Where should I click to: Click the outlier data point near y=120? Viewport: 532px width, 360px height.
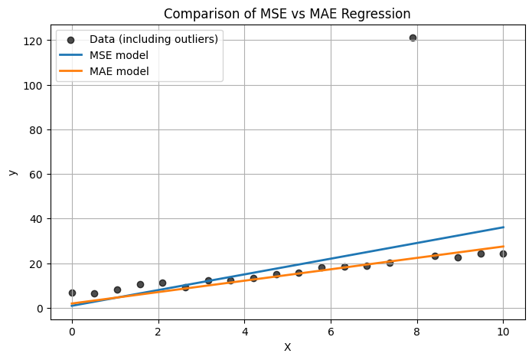tap(413, 38)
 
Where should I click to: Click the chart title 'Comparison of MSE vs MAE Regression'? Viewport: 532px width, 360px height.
tap(287, 14)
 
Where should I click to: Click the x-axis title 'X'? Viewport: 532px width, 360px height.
tap(287, 347)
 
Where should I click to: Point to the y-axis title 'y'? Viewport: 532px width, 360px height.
tap(11, 172)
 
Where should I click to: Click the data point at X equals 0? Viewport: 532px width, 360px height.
tap(72, 293)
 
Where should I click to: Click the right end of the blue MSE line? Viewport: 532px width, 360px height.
tap(503, 227)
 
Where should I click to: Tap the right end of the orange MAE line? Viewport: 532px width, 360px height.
tap(503, 247)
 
